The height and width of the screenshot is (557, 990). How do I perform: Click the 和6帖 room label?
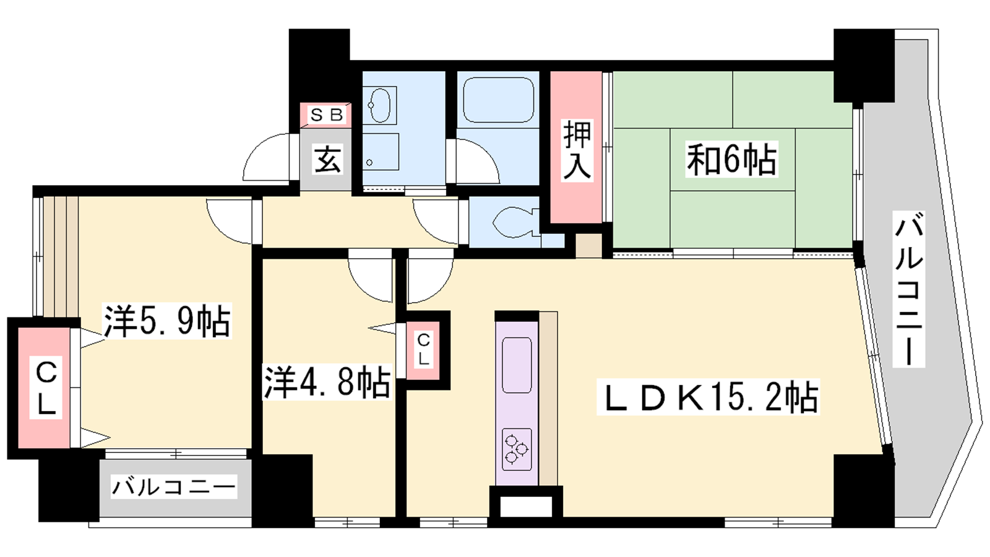click(x=731, y=159)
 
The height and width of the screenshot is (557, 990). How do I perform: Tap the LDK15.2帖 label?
click(x=708, y=397)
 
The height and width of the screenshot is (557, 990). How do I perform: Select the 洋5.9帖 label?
click(x=167, y=321)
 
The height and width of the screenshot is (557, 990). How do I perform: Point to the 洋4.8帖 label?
click(x=327, y=382)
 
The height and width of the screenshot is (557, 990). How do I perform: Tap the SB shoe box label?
click(x=327, y=115)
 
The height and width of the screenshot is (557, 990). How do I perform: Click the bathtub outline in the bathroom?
click(x=498, y=100)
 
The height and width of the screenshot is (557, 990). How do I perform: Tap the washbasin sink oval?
click(x=380, y=105)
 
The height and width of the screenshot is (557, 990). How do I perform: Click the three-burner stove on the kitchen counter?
click(x=517, y=449)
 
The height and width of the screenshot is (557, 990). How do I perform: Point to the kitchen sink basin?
click(x=517, y=365)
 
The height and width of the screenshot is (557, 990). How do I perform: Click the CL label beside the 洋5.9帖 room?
click(x=46, y=387)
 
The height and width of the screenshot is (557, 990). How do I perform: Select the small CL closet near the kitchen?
click(x=423, y=350)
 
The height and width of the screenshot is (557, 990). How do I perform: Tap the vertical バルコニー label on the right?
click(x=909, y=289)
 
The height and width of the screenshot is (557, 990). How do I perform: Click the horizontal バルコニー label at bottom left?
click(x=174, y=486)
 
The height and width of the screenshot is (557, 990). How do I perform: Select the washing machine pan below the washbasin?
click(x=381, y=152)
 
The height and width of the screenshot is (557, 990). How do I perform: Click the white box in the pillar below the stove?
click(x=526, y=507)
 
